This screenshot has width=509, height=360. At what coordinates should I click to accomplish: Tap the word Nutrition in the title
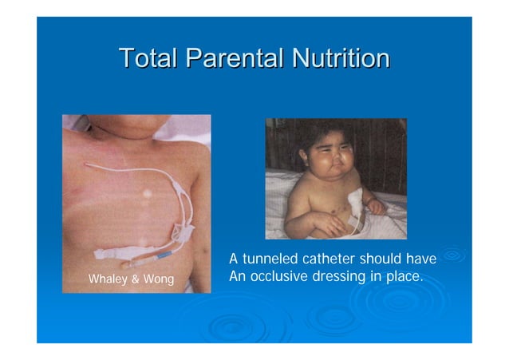pos(341,58)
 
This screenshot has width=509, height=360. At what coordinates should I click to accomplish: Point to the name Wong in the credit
pos(158,279)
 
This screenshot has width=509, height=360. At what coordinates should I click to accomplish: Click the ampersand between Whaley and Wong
pos(136,279)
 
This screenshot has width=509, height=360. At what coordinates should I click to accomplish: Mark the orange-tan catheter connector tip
pos(136,260)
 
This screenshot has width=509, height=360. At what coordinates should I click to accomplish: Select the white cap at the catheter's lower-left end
pos(104,253)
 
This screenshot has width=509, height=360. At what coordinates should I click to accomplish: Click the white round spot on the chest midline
pos(146,193)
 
